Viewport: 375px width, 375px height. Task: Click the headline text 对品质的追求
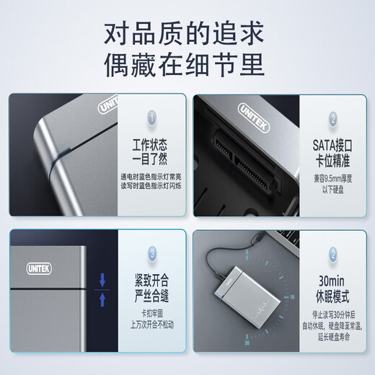(187, 32)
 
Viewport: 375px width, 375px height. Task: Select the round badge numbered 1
(151, 117)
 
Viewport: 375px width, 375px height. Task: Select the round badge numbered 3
(151, 253)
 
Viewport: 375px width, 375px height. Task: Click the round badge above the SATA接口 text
(332, 117)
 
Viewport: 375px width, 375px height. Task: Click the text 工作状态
(151, 143)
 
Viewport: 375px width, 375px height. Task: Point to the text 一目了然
(151, 158)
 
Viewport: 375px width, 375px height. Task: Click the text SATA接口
(332, 143)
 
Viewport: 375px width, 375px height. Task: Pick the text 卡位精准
(332, 158)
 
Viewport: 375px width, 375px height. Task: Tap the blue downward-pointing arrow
(103, 278)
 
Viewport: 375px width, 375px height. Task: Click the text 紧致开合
(151, 279)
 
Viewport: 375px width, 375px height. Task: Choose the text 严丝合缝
(151, 294)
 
